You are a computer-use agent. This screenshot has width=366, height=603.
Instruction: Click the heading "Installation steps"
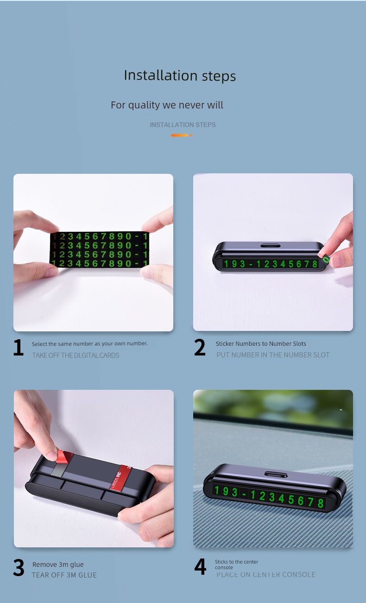pos(180,76)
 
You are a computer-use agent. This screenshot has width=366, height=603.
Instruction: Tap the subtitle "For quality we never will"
pos(167,105)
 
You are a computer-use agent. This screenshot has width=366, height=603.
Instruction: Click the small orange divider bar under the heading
pos(182,135)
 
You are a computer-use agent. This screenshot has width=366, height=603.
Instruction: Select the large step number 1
pos(19,347)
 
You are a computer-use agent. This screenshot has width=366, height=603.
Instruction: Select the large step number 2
pos(200,347)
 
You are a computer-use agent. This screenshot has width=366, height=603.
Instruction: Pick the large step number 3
pos(19,568)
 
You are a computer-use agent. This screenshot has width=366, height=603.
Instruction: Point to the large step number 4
pos(200,567)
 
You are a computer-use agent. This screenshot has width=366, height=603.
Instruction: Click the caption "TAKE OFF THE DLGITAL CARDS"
pos(76,355)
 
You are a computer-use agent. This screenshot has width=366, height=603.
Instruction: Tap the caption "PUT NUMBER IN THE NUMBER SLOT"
pos(273,355)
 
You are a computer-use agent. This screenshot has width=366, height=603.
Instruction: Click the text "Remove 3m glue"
pos(58,564)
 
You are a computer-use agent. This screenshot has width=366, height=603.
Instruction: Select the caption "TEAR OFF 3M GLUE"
pos(64,575)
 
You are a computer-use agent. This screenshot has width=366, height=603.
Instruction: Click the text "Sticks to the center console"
pos(236,565)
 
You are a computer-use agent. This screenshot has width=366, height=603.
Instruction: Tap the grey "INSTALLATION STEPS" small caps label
pos(183,125)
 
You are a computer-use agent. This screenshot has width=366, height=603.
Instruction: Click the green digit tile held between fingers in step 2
pos(326,260)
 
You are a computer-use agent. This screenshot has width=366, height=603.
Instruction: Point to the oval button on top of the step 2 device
pos(271,246)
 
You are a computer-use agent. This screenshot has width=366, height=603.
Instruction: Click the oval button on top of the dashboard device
pos(276,474)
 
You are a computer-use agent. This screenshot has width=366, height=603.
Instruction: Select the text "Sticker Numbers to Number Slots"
pos(261,343)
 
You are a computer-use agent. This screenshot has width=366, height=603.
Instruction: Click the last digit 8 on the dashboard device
pos(320,503)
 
